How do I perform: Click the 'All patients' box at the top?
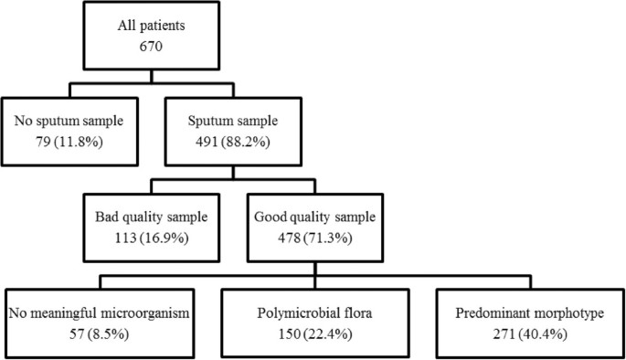click(313, 35)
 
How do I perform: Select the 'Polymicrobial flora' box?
click(313, 321)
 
